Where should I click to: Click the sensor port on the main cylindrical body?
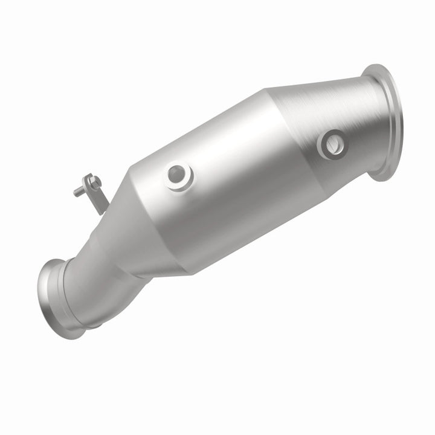click(178, 176)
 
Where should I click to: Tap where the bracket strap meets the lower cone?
click(106, 211)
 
